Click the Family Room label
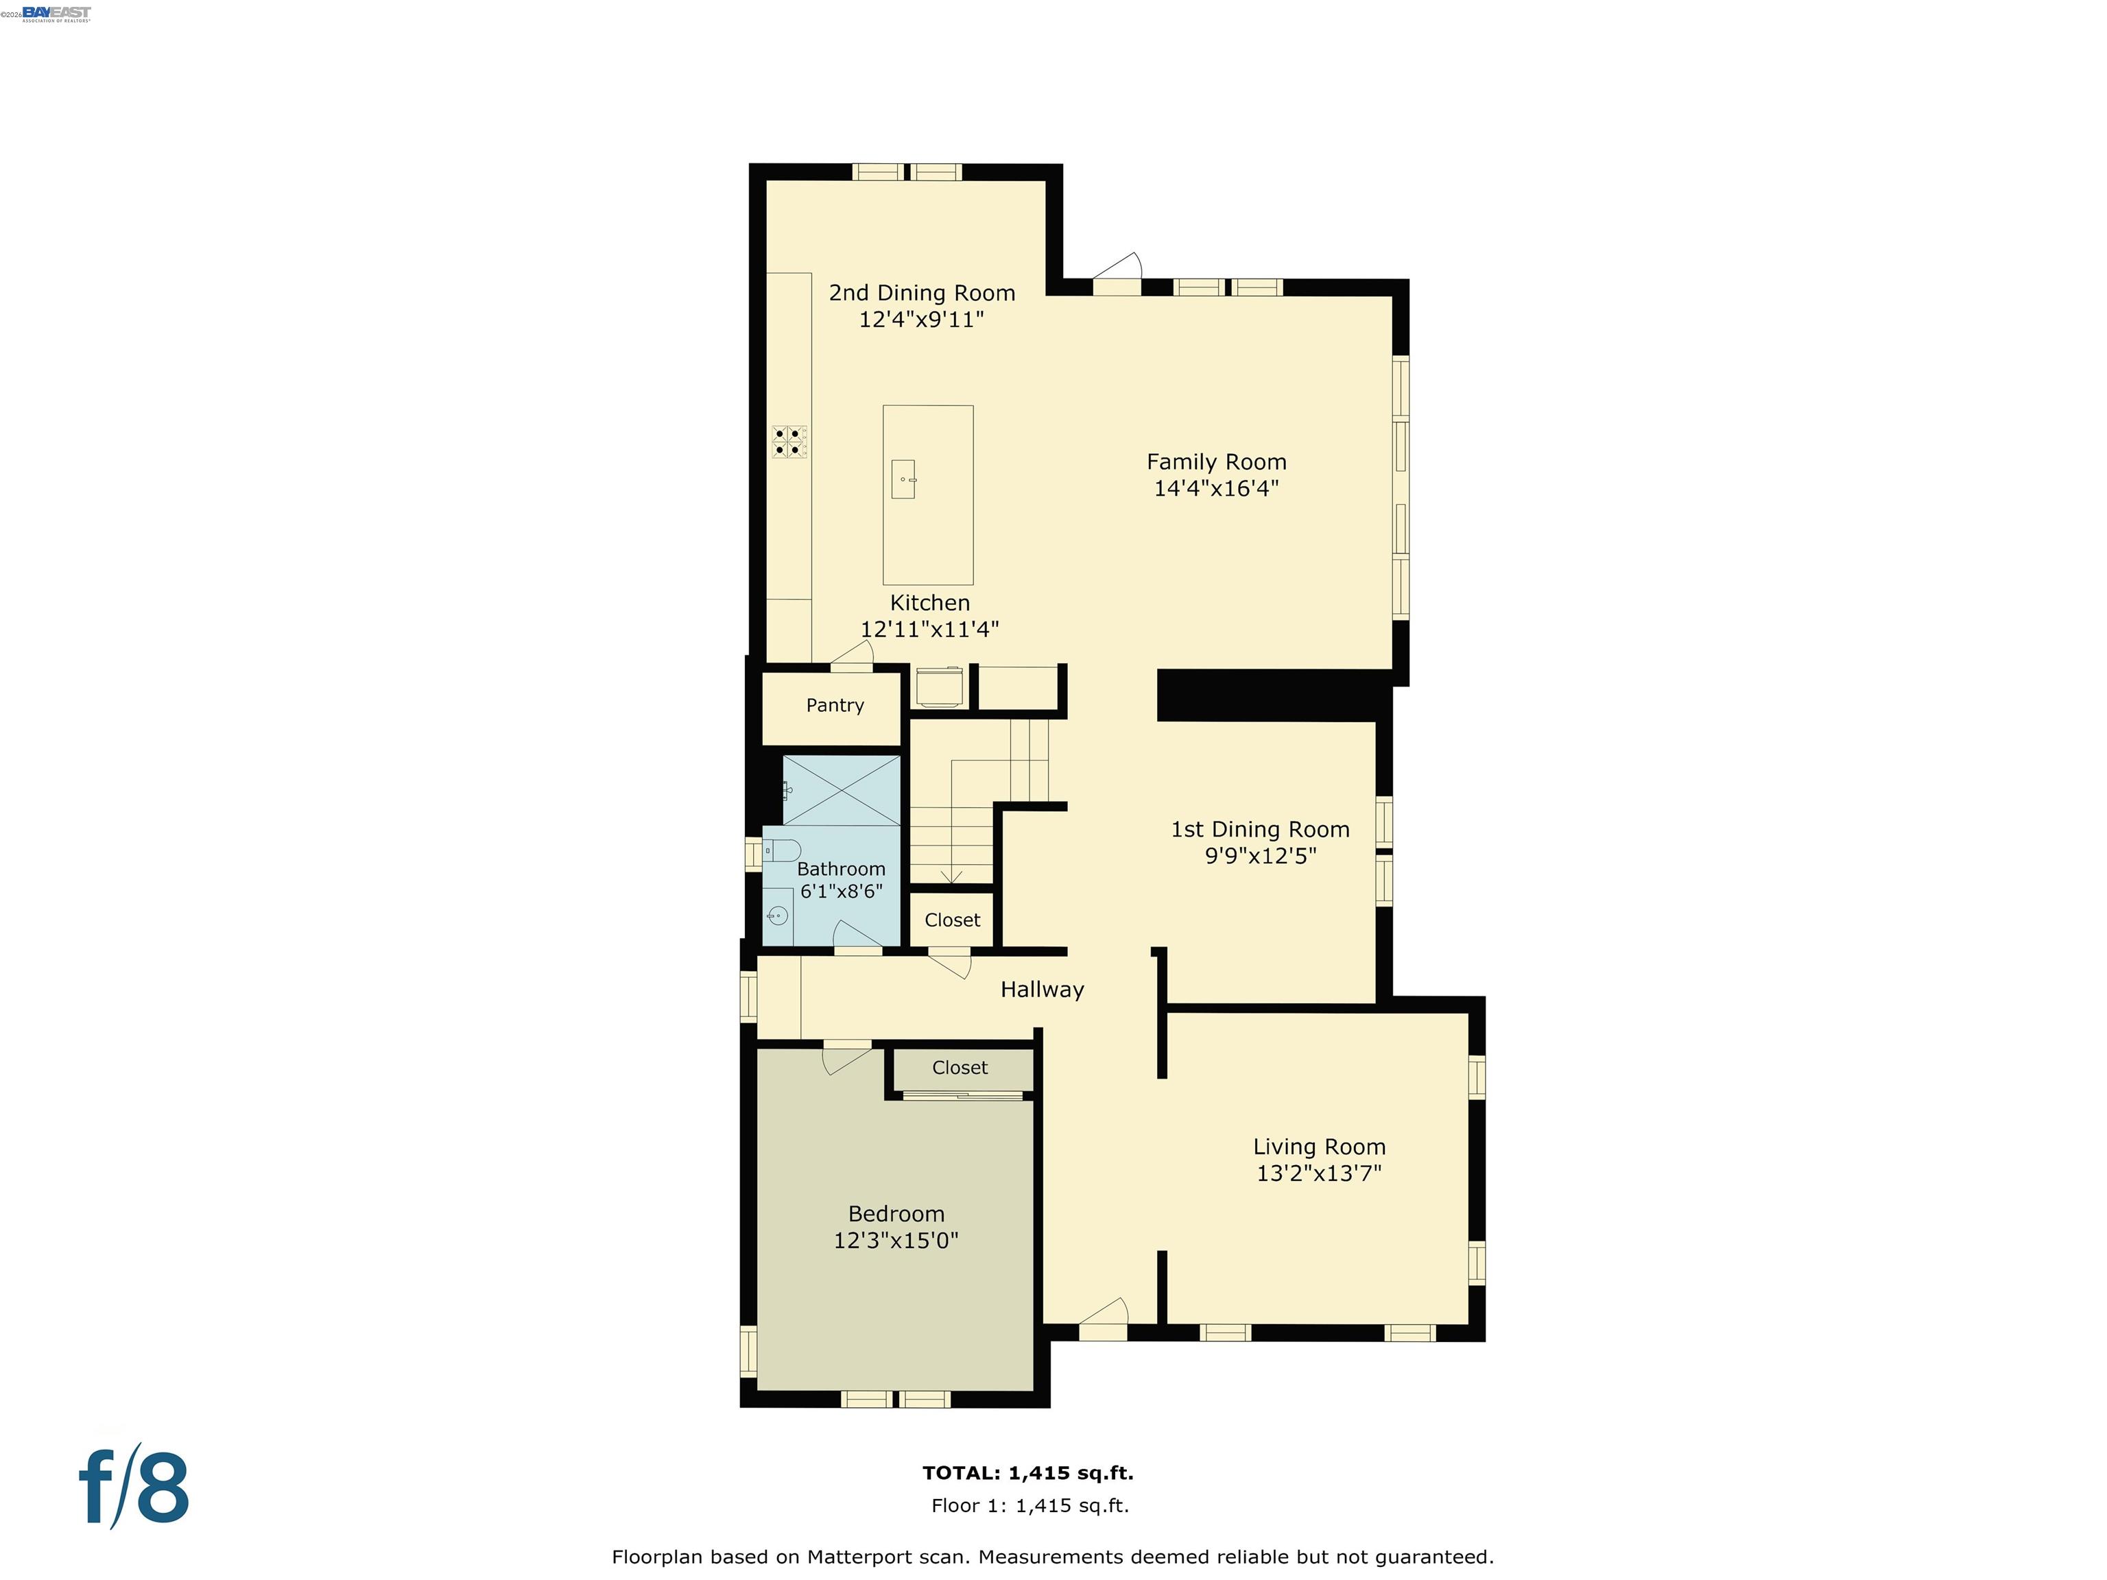click(1216, 462)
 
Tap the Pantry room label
click(835, 706)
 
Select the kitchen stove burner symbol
click(789, 442)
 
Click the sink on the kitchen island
click(904, 479)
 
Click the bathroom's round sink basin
click(777, 916)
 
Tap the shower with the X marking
click(841, 791)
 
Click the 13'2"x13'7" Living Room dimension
click(1319, 1173)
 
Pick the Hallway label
click(1042, 990)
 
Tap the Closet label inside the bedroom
click(960, 1068)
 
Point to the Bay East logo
click(56, 13)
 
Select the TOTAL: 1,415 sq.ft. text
click(1028, 1473)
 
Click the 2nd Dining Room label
click(922, 294)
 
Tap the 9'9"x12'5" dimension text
click(1260, 855)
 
